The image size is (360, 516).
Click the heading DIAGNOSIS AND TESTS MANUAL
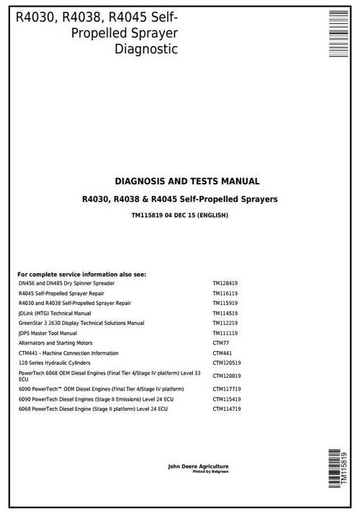coord(187,182)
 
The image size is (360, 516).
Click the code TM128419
coord(225,283)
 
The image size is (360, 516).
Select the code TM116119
coord(225,293)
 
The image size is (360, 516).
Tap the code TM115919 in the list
coord(225,303)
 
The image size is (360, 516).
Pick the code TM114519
coord(225,313)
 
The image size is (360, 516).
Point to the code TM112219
coord(225,324)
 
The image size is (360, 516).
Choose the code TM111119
coord(225,334)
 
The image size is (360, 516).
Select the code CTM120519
coord(227,364)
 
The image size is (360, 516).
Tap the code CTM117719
coord(227,388)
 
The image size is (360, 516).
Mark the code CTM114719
coord(227,409)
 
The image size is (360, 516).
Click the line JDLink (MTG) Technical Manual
coord(55,313)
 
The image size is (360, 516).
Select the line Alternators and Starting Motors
coord(55,344)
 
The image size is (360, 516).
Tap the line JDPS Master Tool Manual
coord(48,334)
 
